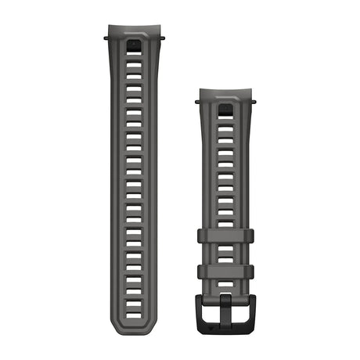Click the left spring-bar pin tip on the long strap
[x=104, y=34]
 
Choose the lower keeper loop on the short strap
[x=226, y=272]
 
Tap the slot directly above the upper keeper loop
[x=226, y=221]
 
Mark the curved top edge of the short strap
[x=226, y=92]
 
